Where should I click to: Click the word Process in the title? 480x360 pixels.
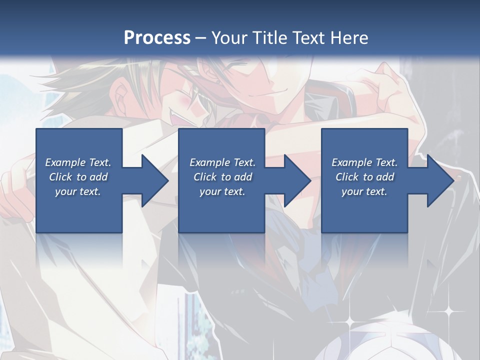pyautogui.click(x=157, y=37)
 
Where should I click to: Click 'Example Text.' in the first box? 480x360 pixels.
pyautogui.click(x=78, y=162)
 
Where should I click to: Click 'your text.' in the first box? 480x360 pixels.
pyautogui.click(x=78, y=191)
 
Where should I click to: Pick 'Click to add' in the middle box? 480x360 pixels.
pyautogui.click(x=222, y=177)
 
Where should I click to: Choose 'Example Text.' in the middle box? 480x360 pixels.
pyautogui.click(x=222, y=162)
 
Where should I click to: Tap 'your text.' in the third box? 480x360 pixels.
pyautogui.click(x=364, y=191)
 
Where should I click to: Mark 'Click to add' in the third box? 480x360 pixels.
pyautogui.click(x=364, y=177)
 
